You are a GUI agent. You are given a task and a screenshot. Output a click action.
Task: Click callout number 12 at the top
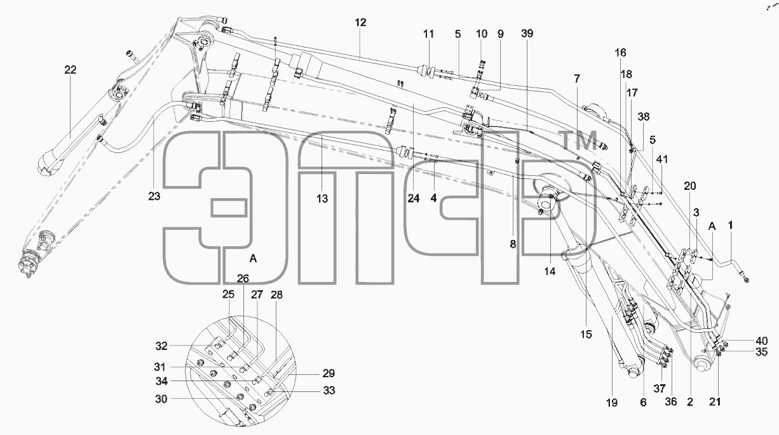point(361,23)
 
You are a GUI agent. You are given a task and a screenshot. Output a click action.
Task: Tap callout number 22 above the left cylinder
point(71,70)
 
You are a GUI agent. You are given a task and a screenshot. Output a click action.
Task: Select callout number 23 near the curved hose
point(154,196)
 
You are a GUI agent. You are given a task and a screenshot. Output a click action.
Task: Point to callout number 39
point(527,34)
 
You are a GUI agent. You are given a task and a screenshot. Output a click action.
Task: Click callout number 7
point(577,79)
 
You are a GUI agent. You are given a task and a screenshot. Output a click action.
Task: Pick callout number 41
point(662,159)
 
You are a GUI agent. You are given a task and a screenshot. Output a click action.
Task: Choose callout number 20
point(690,186)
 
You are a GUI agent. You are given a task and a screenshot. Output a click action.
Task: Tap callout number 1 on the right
point(730,225)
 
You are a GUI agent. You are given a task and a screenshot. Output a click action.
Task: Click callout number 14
point(550,272)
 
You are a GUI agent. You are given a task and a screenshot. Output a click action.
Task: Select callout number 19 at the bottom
point(612,403)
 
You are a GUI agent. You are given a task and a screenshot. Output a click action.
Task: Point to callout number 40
point(761,340)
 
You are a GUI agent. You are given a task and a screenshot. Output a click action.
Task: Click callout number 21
point(715,402)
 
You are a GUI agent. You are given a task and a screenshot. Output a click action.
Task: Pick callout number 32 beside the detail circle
point(161,346)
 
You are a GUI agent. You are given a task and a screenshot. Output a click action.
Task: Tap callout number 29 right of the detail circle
point(329,373)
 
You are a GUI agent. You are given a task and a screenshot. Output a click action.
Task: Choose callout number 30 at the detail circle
point(161,399)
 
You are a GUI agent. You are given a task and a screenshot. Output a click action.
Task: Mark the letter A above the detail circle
point(253,258)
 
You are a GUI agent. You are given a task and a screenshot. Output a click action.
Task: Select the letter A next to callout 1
point(712,227)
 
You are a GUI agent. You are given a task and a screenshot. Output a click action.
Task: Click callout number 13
point(322,199)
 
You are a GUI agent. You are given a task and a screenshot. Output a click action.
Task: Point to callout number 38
point(644,117)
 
